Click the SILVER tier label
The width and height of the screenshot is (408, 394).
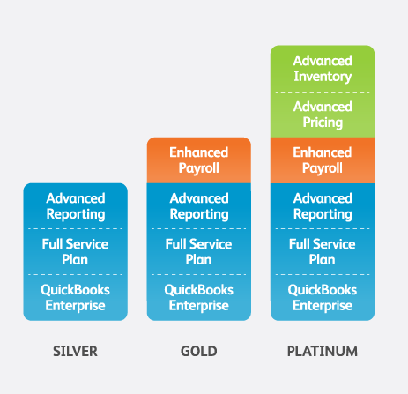point(75,351)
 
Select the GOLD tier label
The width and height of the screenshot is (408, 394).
point(199,351)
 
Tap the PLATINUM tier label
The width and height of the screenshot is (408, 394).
point(323,351)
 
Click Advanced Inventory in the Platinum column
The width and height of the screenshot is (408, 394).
point(323,69)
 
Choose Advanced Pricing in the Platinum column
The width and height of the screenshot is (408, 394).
point(323,115)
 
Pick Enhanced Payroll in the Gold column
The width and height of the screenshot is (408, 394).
point(199,160)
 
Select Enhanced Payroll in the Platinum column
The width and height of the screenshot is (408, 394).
point(323,160)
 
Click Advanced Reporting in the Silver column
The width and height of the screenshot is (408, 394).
point(76,206)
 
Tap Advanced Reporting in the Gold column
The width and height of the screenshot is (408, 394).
point(199,206)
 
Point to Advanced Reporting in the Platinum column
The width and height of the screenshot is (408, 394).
point(323,206)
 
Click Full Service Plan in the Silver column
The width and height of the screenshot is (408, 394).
point(75,252)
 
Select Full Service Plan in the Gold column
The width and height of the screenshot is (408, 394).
point(198,252)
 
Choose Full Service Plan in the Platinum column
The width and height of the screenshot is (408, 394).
point(323,252)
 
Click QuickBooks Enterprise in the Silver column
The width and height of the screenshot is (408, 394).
point(75,298)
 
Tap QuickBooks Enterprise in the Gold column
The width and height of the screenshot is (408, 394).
point(199,298)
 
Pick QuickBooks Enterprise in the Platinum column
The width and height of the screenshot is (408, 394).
point(323,298)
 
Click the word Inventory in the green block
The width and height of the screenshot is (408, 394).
point(323,77)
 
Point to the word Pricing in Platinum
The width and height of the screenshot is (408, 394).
point(323,123)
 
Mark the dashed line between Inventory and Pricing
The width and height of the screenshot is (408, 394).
point(323,92)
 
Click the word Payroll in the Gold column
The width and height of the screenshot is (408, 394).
point(199,168)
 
